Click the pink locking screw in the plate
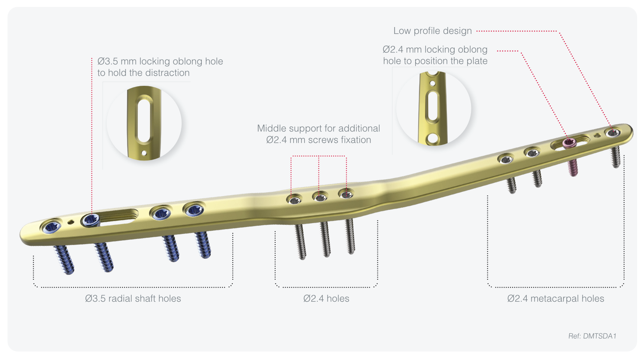[x=569, y=143]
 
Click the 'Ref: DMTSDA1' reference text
[x=592, y=336]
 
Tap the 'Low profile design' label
[x=432, y=31]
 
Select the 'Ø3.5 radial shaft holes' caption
[x=133, y=299]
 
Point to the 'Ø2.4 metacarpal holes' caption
[x=556, y=299]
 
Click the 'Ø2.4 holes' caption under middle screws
[x=326, y=299]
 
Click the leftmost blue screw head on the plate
[x=51, y=227]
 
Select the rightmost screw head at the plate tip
[x=613, y=133]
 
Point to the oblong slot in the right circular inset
[x=433, y=106]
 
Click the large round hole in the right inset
[x=433, y=139]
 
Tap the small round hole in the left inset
[x=144, y=152]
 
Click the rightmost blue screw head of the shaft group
[x=194, y=210]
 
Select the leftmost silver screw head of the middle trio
[x=295, y=200]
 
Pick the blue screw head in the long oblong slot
[x=91, y=220]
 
